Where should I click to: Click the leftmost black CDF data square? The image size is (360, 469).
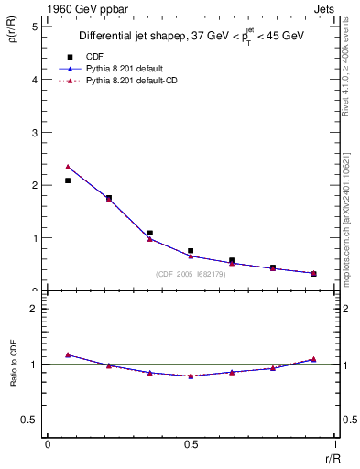click(68, 180)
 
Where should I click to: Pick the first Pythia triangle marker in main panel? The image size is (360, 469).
click(68, 167)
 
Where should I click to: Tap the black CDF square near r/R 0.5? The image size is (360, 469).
click(191, 250)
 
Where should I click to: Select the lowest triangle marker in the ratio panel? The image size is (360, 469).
click(191, 376)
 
